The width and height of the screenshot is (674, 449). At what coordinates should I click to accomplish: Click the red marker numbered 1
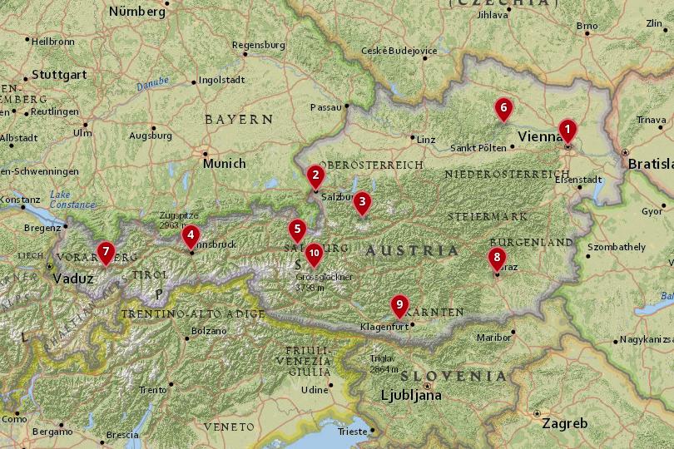click(x=567, y=131)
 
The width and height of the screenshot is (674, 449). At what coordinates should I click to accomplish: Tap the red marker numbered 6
click(x=503, y=109)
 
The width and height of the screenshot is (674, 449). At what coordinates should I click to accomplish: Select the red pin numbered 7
click(x=106, y=251)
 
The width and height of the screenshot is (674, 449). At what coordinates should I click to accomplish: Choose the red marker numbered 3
click(x=361, y=202)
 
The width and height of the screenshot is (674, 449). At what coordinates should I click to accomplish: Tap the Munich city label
click(x=225, y=163)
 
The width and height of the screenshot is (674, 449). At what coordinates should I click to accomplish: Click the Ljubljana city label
click(x=411, y=395)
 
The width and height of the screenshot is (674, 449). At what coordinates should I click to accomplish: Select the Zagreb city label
click(x=564, y=422)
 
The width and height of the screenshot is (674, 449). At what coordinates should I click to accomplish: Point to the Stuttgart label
click(x=60, y=74)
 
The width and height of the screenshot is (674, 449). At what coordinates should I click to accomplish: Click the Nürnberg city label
click(x=137, y=12)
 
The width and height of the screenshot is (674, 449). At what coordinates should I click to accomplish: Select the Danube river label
click(x=153, y=84)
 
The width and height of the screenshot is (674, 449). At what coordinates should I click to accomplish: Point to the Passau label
click(x=325, y=107)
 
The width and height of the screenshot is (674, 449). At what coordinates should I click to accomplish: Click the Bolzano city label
click(x=208, y=330)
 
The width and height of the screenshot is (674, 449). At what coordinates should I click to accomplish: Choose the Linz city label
click(x=426, y=139)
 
